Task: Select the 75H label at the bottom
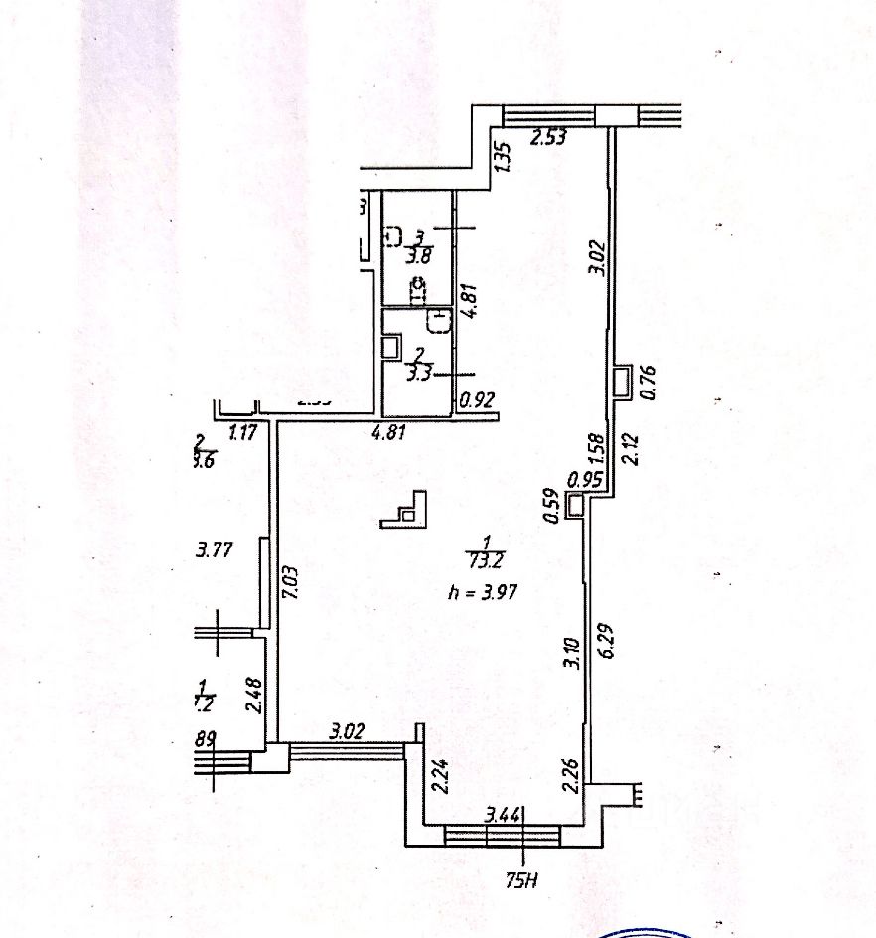coord(522,877)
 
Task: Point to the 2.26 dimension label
coord(571,773)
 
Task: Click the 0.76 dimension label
coord(651,382)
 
